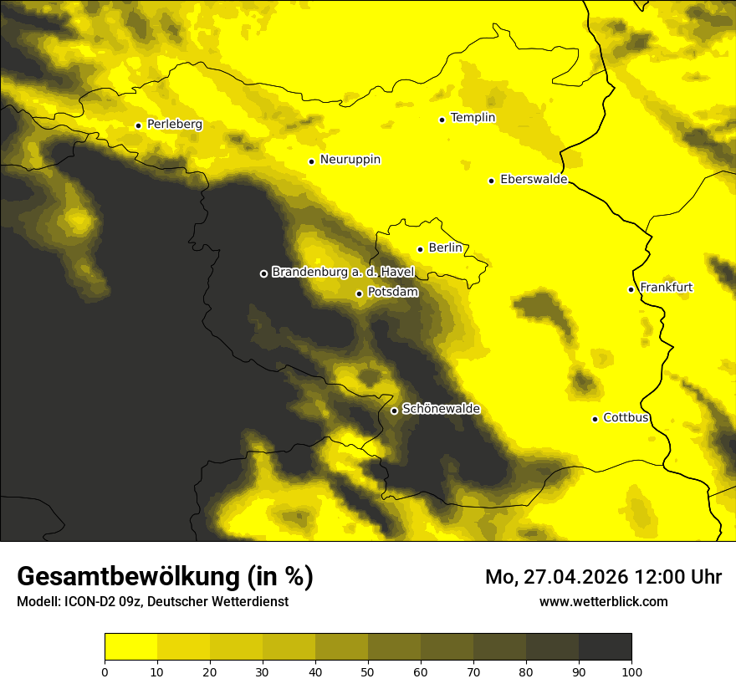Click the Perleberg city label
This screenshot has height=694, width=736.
(174, 125)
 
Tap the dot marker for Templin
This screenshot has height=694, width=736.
(442, 120)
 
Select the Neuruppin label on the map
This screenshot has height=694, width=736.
(350, 160)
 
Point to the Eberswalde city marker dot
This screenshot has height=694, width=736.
(492, 181)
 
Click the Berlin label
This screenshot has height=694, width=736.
(445, 247)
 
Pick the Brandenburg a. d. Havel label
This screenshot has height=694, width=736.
(343, 272)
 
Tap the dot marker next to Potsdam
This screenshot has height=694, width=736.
(360, 293)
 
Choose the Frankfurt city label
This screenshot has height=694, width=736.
(666, 288)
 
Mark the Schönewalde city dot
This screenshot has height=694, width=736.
(394, 411)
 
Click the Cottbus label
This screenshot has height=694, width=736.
(626, 417)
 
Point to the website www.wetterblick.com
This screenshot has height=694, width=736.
(603, 601)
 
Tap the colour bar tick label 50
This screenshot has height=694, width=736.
(368, 671)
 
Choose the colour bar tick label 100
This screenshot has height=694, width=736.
(631, 671)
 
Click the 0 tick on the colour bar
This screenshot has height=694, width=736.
(105, 671)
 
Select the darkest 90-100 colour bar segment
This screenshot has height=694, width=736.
(605, 647)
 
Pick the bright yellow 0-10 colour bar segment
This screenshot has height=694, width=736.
(130, 647)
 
